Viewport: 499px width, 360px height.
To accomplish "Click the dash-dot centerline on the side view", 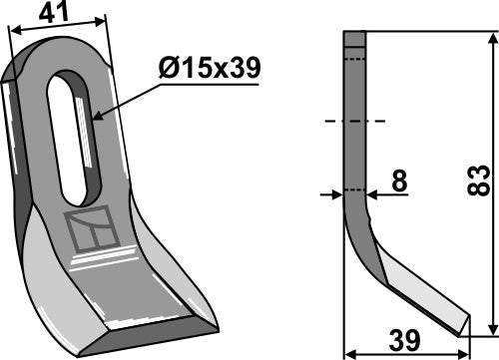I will tap(354, 124).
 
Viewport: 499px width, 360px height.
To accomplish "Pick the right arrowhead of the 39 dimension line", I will tap(466, 351).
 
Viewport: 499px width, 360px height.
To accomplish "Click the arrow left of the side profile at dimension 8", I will tap(336, 194).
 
